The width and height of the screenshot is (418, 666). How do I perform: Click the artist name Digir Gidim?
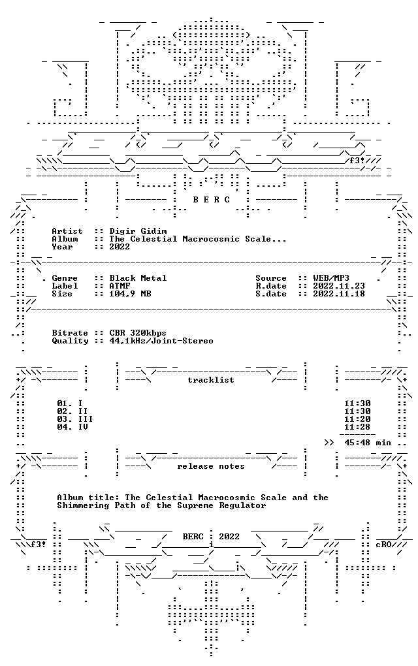coord(138,231)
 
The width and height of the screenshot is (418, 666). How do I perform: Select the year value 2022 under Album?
coord(120,247)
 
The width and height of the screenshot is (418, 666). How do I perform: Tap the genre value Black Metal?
coord(138,278)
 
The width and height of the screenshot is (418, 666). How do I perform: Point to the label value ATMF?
coord(120,286)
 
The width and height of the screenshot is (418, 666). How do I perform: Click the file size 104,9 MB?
coord(130,294)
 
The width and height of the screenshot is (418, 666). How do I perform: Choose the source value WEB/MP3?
coord(331,278)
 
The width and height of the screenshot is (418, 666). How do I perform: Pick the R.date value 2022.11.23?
coord(339,286)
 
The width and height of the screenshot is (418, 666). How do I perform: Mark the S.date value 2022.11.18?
coord(339,294)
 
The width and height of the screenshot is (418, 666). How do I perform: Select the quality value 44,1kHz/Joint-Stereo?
coord(161,341)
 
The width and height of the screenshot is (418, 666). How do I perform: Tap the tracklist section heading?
coord(211,380)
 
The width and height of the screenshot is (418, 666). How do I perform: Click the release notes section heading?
coord(211,466)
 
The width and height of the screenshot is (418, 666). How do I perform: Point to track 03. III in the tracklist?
coord(75,419)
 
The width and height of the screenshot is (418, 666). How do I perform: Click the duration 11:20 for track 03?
coord(357,419)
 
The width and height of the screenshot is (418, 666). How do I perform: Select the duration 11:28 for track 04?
coord(357,427)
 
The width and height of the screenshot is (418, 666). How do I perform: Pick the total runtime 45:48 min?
coord(368,443)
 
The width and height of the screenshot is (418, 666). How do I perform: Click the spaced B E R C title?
coord(212,200)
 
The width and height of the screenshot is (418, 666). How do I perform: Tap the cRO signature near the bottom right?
coord(383,545)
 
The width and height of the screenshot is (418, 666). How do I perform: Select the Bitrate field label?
coord(70,333)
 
